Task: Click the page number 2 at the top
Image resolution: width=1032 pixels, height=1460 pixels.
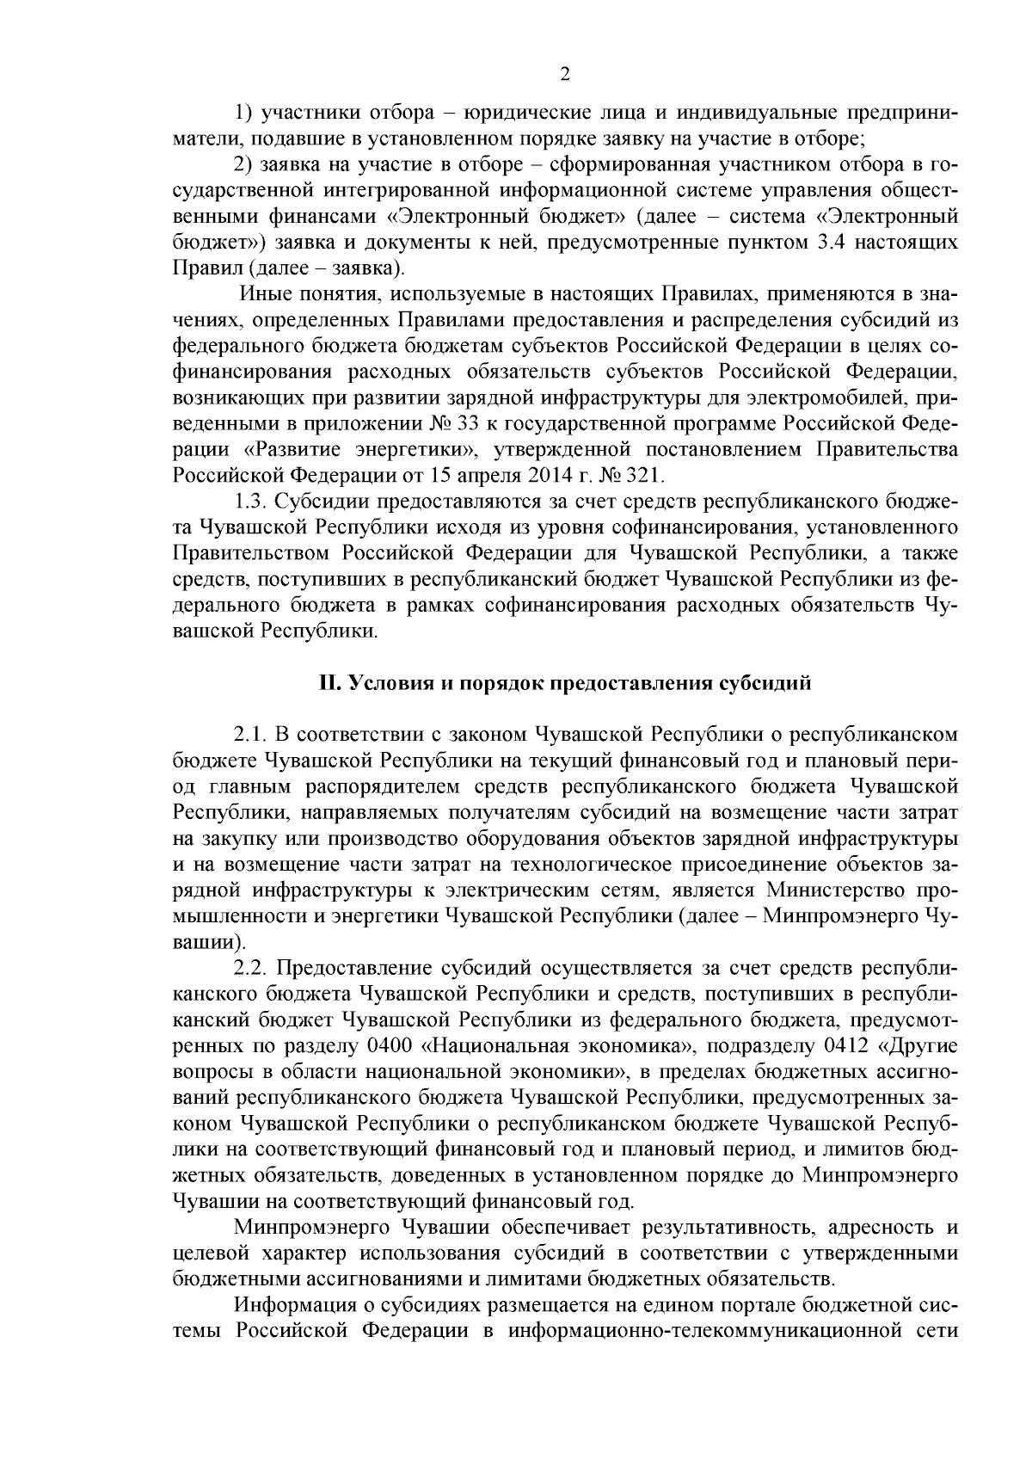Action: tap(564, 75)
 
